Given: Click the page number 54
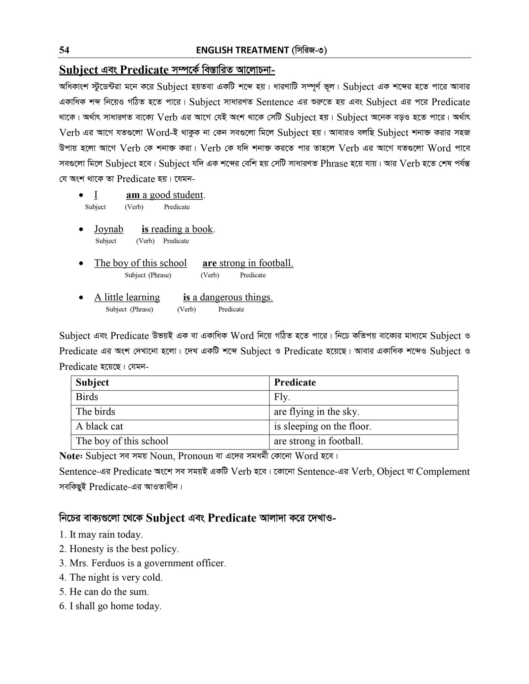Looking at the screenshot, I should point(64,50).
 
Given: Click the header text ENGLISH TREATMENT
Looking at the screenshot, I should point(242,50).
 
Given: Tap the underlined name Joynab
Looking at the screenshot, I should point(108,229).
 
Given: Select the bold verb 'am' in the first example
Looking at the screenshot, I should point(133,195).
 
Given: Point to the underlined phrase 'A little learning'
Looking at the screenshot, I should point(127,297).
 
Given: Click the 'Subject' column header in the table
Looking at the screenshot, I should point(92,382).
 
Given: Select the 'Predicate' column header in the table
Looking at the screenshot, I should point(295,382).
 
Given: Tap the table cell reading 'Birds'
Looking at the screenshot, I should point(87,397).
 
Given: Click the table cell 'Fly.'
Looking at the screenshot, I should point(282,397).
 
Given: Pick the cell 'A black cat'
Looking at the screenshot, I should point(99,426).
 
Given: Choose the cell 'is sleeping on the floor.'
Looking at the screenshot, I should point(322,426).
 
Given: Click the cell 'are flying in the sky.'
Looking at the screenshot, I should point(316,412).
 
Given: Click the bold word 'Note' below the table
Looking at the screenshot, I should point(70,456).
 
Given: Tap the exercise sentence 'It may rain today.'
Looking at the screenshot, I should point(101,534).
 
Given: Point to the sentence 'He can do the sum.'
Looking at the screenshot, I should point(104,592).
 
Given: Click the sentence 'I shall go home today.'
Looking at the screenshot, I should point(110,606).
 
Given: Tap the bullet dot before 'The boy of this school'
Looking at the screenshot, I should point(81,264).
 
